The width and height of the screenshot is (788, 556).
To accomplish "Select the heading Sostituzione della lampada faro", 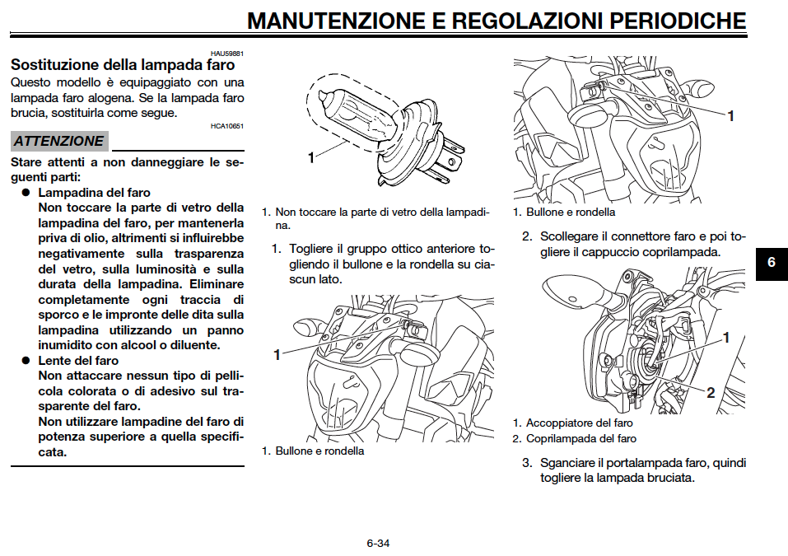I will coord(123,63).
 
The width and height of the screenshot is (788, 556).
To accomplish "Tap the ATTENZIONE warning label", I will coord(58,141).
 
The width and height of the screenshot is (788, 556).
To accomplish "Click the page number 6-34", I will coord(378,544).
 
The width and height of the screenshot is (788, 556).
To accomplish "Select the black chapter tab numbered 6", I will coord(772,263).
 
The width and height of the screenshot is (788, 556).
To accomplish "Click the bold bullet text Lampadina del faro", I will coord(95,193).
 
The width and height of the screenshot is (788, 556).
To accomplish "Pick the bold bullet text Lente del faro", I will coord(78,361).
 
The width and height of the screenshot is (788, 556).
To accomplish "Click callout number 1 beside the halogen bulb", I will coord(311,157).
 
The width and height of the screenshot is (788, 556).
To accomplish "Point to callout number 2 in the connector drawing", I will coord(711,392).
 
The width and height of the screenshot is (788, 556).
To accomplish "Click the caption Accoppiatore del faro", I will coord(580,423).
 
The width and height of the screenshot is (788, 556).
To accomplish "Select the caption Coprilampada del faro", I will coord(581,438).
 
